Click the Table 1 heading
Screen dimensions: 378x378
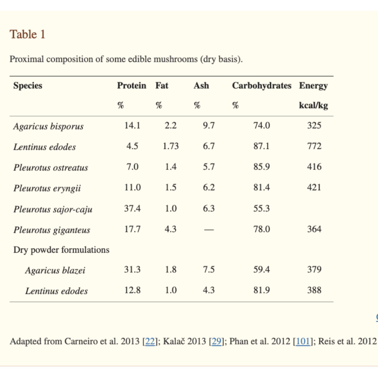27,34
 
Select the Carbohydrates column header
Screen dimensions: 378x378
261,86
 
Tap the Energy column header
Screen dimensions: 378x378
313,86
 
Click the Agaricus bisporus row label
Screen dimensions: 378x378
48,126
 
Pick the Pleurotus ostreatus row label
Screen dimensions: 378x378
51,168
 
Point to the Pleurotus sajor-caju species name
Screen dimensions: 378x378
53,209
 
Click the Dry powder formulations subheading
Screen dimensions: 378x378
61,250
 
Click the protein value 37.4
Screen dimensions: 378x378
132,209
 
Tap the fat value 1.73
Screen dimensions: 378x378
171,146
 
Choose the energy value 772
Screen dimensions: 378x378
314,146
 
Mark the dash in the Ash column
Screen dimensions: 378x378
209,230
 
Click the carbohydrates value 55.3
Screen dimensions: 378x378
261,209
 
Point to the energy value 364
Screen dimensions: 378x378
314,229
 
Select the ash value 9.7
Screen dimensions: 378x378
209,126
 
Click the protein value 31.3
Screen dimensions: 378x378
132,269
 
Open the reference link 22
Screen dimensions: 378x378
150,341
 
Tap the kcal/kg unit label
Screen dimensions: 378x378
313,106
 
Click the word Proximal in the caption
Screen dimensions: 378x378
25,59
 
